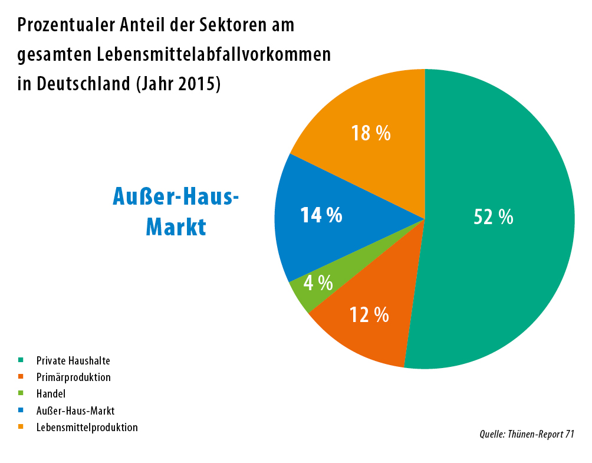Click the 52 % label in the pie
(x=494, y=217)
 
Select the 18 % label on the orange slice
(x=371, y=133)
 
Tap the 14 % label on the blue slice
(x=321, y=215)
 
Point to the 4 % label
(x=318, y=283)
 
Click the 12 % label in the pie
(x=369, y=315)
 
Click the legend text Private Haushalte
(x=73, y=360)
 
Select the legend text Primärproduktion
(x=73, y=377)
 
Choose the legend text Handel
(x=51, y=393)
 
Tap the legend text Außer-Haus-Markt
(x=75, y=411)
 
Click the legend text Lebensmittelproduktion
(x=87, y=427)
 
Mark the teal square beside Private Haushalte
(x=21, y=359)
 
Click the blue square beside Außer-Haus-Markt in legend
(x=21, y=410)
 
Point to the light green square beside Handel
(x=21, y=393)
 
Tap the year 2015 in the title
(x=198, y=83)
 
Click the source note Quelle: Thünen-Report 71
(x=527, y=435)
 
